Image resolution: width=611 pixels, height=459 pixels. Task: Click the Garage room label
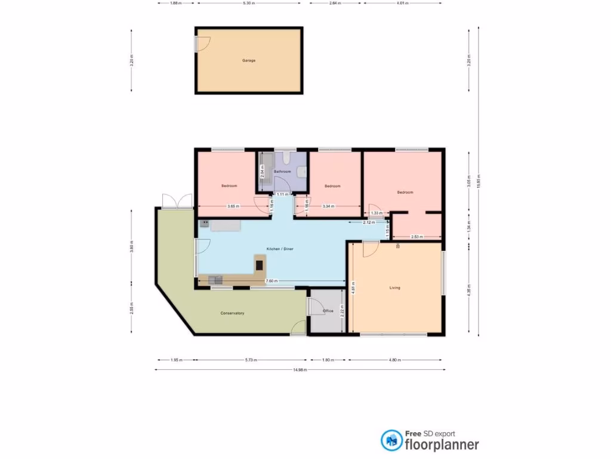[x=249, y=60]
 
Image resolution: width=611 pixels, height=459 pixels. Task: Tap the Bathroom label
[x=282, y=172]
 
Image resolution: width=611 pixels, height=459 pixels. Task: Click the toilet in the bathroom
[x=287, y=158]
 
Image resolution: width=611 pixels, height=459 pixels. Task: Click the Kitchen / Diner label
[x=280, y=249]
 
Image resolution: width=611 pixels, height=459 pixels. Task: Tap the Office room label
[x=328, y=311]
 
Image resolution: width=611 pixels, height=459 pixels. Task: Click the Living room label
[x=394, y=287]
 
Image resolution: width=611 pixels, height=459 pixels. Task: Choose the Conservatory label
[x=232, y=313]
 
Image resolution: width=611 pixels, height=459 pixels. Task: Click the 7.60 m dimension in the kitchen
[x=270, y=281]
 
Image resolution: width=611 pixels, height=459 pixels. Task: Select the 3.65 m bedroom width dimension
[x=233, y=206]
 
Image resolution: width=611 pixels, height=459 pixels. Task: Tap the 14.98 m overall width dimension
[x=300, y=370]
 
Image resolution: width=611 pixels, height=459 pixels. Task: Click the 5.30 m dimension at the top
[x=249, y=3]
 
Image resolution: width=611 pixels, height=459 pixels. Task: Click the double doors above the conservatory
[x=177, y=201]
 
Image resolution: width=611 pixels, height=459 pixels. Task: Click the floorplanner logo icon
[x=391, y=440]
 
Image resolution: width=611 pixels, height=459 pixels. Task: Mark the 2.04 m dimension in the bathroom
[x=262, y=172]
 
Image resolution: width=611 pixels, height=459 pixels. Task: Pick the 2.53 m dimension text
[x=417, y=237]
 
